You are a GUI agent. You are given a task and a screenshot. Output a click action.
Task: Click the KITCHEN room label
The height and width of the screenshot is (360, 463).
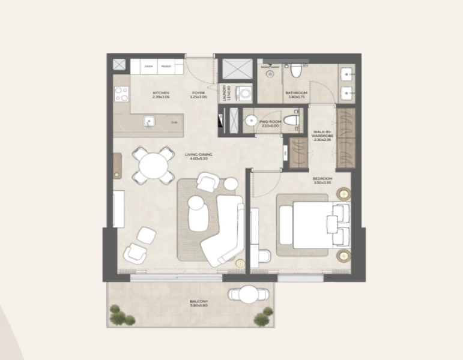coord(161,93)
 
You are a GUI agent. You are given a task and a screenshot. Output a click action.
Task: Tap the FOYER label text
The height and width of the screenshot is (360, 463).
coord(198,93)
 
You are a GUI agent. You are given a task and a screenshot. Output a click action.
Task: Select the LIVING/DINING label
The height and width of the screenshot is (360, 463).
coord(199,155)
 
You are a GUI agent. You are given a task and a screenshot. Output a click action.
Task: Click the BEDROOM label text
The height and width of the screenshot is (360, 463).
coord(322,179)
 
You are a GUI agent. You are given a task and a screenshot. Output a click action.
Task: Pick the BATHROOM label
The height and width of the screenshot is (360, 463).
coord(297,93)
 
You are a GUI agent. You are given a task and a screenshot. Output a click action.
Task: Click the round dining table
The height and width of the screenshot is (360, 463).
coord(152,164)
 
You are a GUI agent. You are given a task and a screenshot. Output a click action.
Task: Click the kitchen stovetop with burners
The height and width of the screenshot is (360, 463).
coord(122,94)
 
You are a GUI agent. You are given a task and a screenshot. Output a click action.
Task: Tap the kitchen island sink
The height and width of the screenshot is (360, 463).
coord(149,122)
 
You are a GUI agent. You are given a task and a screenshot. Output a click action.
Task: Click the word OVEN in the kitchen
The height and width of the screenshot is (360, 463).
coord(148,67)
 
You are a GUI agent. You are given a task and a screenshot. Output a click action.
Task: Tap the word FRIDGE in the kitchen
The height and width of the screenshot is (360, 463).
coord(166,67)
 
